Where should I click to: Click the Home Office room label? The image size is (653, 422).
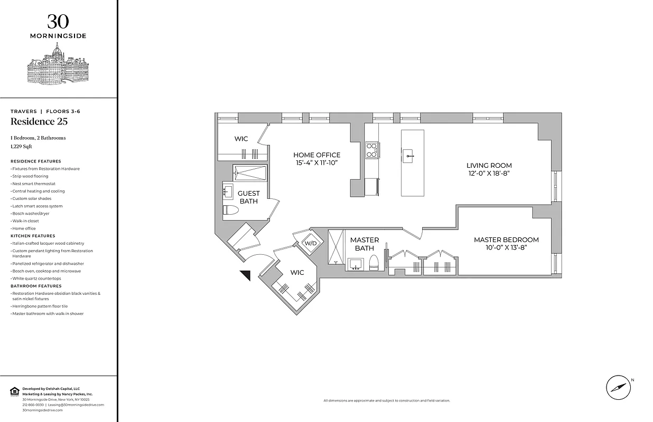pos(316,155)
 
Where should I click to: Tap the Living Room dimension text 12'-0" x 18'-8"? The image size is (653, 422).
pos(489,173)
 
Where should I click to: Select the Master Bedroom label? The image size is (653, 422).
pos(506,239)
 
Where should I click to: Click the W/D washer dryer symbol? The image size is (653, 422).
pos(310,243)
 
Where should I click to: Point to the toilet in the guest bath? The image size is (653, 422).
pos(231,210)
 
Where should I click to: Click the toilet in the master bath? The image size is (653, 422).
pos(374,263)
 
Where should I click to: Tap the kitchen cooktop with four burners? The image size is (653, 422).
pos(371,150)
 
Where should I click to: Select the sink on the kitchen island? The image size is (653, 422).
pos(408,156)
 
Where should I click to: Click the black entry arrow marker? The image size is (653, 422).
pos(245,274)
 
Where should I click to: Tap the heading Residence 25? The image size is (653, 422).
pos(39,122)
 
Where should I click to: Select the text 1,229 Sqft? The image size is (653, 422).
pos(21,147)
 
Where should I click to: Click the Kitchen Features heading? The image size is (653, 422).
pos(33,236)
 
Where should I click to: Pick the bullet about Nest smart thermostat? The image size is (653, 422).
pos(34,184)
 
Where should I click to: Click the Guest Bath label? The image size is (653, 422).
pos(248,197)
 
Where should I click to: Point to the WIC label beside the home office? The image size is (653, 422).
pos(241,139)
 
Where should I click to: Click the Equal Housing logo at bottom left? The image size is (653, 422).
pos(14,391)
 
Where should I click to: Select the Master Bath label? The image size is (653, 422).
pos(365,244)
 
